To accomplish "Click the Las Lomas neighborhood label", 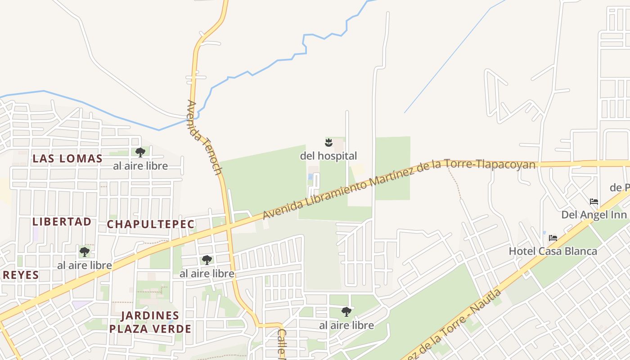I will [67, 158].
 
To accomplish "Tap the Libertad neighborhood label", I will [62, 221].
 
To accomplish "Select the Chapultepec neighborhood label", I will [151, 224].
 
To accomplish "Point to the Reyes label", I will [20, 275].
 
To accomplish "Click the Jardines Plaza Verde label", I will [150, 322].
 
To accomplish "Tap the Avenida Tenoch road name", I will [205, 137].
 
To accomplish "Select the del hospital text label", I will [328, 156].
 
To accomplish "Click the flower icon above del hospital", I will [328, 143].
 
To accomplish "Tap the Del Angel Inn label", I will [594, 215].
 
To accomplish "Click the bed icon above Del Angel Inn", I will [594, 201].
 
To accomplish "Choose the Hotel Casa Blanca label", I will [553, 251].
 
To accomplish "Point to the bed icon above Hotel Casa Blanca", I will [553, 238].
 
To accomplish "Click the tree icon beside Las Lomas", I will [140, 152].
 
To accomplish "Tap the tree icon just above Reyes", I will [85, 252].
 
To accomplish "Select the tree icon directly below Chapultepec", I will [207, 260].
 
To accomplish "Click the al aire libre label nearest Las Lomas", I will [140, 166].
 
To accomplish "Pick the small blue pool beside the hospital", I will [310, 177].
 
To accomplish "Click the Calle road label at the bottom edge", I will [282, 345].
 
